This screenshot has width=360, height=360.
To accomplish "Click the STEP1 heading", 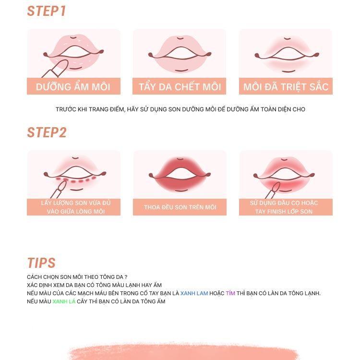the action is click(47, 11).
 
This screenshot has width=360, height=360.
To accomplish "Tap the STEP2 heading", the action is click(47, 132).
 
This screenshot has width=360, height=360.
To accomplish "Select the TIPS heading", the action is click(41, 263).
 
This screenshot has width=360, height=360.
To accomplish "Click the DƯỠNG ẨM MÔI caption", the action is click(73, 87).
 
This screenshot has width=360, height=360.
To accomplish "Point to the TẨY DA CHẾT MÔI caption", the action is click(180, 87).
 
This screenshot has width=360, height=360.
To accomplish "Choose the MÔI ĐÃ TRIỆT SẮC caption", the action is click(286, 87).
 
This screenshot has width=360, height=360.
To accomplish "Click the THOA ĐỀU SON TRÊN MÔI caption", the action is click(180, 207).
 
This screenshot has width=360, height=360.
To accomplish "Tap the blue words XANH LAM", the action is click(194, 293).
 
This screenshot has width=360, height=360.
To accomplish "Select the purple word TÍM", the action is click(230, 293).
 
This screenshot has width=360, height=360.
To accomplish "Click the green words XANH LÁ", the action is click(64, 301).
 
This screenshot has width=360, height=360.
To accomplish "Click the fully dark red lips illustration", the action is click(180, 174).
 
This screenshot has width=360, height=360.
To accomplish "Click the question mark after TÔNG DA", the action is click(126, 277).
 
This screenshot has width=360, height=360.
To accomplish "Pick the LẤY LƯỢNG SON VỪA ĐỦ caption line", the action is click(76, 203).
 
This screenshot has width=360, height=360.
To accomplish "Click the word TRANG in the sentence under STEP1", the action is click(99, 109).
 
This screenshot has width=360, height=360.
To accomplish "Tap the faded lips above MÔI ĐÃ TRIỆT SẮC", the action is click(287, 55).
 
